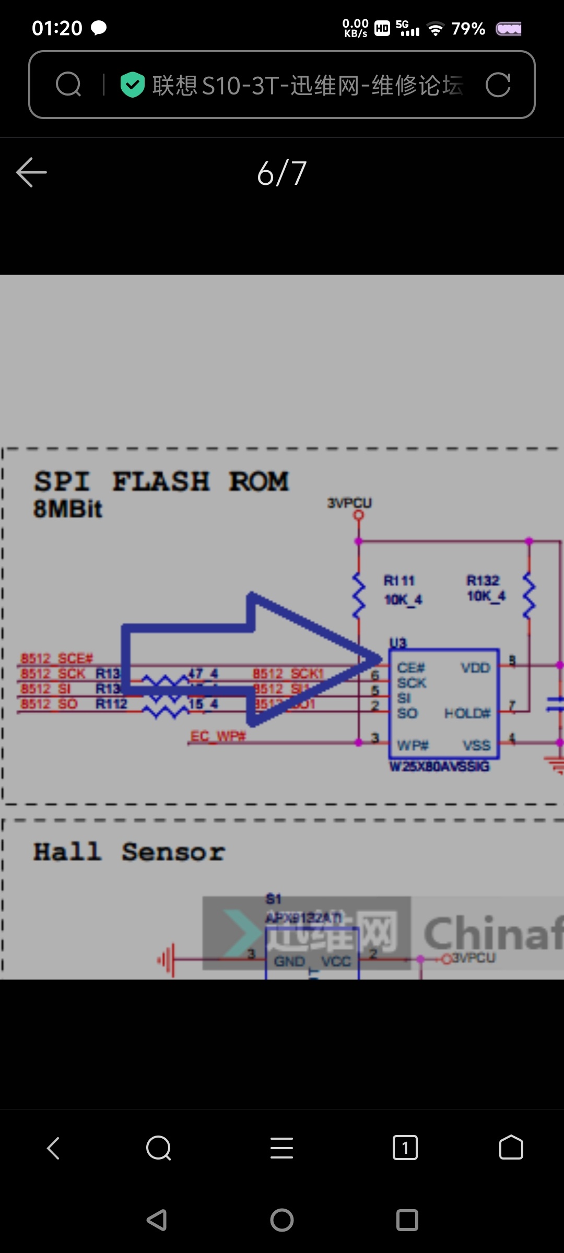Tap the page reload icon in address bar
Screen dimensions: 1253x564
point(498,85)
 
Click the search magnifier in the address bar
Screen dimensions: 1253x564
point(68,85)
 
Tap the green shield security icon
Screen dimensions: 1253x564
point(132,85)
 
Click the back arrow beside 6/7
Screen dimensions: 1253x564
point(31,172)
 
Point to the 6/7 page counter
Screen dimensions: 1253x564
point(282,173)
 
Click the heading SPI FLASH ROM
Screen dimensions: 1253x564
point(161,481)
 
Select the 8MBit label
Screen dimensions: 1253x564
point(68,509)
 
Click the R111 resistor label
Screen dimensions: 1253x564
point(399,581)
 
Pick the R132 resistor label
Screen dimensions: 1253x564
point(483,581)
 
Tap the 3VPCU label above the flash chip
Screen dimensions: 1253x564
point(349,503)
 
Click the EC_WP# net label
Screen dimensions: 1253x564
point(218,736)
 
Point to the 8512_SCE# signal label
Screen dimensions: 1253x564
point(56,658)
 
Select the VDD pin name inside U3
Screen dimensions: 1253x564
point(475,668)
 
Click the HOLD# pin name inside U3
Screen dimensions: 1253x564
point(467,713)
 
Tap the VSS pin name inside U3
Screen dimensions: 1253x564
point(476,745)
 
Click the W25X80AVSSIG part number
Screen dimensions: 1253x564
point(440,766)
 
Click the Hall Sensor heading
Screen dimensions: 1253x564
point(129,852)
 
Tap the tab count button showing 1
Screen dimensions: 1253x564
point(405,1148)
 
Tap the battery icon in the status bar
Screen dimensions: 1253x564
point(509,29)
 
